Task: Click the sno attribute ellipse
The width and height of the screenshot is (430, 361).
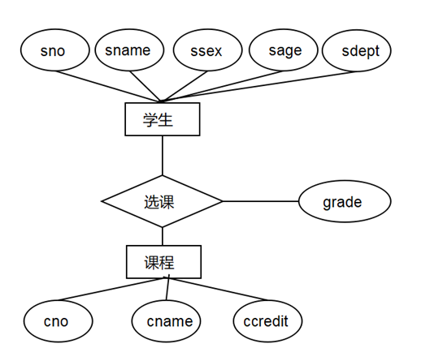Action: coord(53,51)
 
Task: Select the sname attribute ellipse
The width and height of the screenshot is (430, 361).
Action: coord(128,50)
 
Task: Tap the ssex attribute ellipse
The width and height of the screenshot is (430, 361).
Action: coord(206,51)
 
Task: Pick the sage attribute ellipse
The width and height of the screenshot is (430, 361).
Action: coord(285,50)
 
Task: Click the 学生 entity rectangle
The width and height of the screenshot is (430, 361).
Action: coord(162,119)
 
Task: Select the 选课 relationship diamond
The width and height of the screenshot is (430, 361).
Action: coord(162,201)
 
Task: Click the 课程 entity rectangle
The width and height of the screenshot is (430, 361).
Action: coord(163,262)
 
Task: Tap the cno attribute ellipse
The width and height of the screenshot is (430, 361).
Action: coord(57,321)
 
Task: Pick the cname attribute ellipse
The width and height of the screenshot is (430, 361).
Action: coord(169,321)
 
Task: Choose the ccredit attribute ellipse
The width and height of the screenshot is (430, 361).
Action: coord(267,321)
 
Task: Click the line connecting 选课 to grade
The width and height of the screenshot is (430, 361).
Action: coord(260,201)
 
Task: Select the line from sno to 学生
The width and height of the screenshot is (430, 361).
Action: coord(114,86)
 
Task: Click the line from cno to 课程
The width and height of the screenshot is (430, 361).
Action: coord(106,290)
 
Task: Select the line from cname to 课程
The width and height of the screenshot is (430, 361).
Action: coord(167,290)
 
